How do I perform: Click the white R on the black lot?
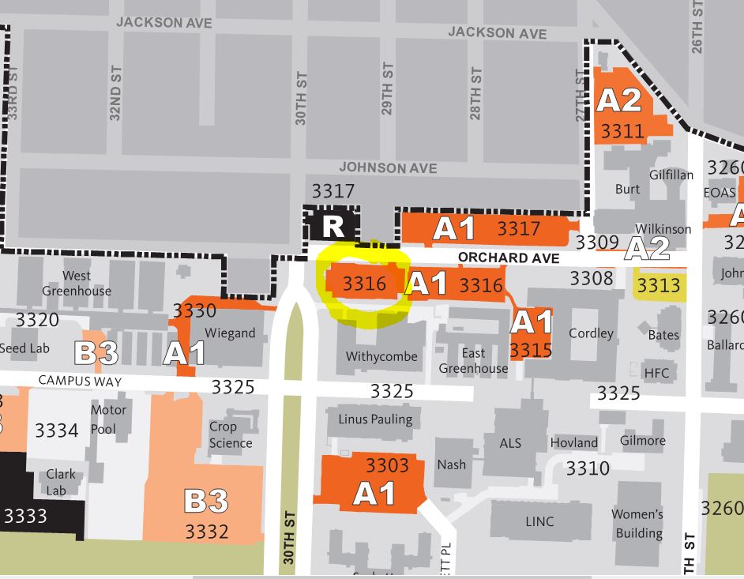[333, 227]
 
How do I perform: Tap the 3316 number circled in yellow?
[364, 284]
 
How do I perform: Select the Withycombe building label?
[381, 356]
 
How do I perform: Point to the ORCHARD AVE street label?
[509, 258]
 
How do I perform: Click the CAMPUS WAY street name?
[80, 382]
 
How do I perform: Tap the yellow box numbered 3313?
[659, 285]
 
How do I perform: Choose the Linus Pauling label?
[375, 419]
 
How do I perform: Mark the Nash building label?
[451, 464]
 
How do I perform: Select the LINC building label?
[539, 521]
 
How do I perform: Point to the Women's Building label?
[637, 524]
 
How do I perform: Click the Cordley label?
[591, 333]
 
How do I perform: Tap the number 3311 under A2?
[622, 130]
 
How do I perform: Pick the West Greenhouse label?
[77, 283]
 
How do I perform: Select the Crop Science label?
[231, 434]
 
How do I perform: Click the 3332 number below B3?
[207, 532]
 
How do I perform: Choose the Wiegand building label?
[230, 333]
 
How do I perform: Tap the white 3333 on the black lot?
[25, 517]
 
